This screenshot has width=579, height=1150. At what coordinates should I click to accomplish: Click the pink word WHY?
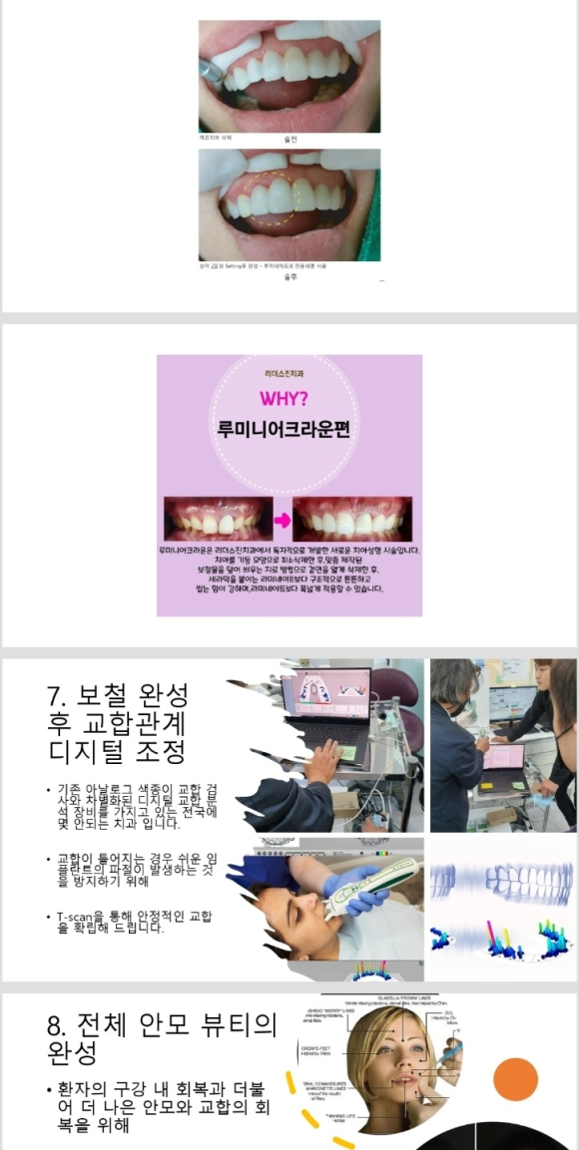click(x=289, y=400)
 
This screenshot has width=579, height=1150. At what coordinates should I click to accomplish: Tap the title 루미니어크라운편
click(x=289, y=430)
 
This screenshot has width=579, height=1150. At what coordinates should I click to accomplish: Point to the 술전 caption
click(x=290, y=139)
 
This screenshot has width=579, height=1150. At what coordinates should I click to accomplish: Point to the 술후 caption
click(x=290, y=276)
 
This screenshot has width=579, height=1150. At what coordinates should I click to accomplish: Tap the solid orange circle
click(x=515, y=1080)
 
